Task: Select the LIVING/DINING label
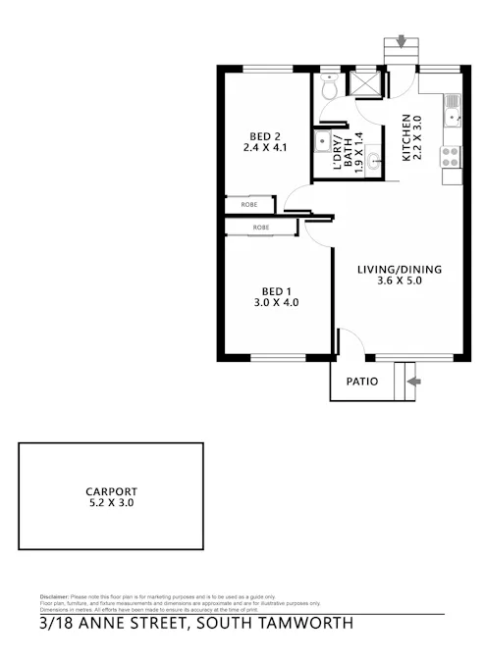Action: point(400,270)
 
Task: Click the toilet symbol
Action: point(331,88)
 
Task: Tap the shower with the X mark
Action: point(367,83)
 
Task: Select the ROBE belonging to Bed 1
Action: point(261,228)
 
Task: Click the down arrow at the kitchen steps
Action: point(401,40)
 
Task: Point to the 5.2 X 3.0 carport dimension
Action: point(110,502)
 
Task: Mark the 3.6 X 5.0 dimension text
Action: point(400,282)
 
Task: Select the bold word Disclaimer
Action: point(53,595)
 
